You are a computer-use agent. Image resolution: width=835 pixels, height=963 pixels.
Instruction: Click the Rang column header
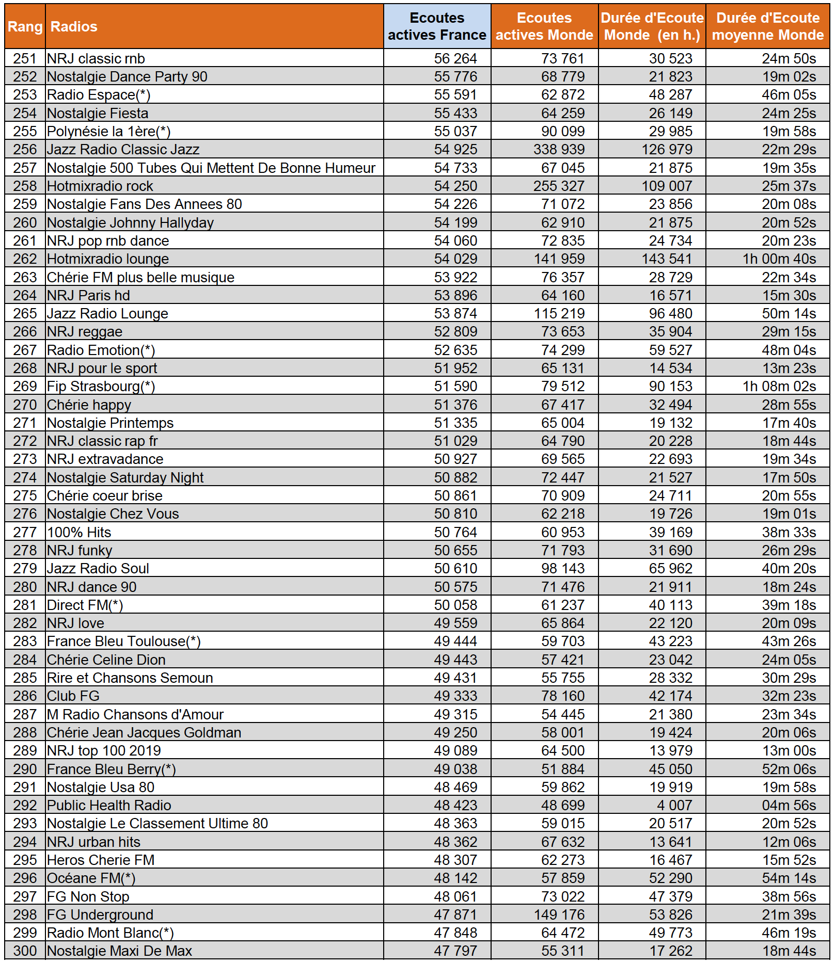tap(25, 27)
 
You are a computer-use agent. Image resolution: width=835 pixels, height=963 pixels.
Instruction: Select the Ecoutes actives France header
tap(437, 27)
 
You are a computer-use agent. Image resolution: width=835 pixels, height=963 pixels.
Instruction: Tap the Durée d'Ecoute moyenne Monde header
tap(767, 27)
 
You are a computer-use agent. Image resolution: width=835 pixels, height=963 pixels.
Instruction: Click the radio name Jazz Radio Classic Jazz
tap(123, 150)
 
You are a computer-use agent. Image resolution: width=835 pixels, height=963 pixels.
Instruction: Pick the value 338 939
tap(559, 150)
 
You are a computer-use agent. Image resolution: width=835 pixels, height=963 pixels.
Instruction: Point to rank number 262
tap(25, 259)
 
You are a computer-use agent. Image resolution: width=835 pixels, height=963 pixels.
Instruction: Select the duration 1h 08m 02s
tap(779, 387)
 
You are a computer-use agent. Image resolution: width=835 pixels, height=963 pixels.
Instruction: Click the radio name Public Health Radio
tap(109, 806)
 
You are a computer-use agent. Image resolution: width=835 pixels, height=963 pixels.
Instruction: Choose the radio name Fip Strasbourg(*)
tap(101, 387)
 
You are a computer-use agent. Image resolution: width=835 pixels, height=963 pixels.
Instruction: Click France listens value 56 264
tap(455, 59)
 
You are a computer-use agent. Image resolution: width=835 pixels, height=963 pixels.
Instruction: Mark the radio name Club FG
tap(73, 696)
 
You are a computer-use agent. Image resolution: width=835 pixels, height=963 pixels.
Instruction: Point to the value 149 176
tap(559, 914)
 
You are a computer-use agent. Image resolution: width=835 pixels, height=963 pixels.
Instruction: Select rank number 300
tap(25, 951)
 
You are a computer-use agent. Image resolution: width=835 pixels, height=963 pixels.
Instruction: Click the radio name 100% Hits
tap(79, 532)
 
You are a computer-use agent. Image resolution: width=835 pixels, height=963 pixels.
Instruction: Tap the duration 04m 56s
tap(789, 806)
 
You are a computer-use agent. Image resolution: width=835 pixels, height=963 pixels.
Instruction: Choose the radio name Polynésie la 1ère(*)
tap(108, 132)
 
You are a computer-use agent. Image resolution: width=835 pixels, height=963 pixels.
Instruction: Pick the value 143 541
tap(667, 259)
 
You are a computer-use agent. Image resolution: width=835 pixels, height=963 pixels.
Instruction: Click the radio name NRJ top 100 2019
tap(104, 751)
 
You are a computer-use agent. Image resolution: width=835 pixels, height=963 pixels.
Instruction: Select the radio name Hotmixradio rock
tap(100, 186)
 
